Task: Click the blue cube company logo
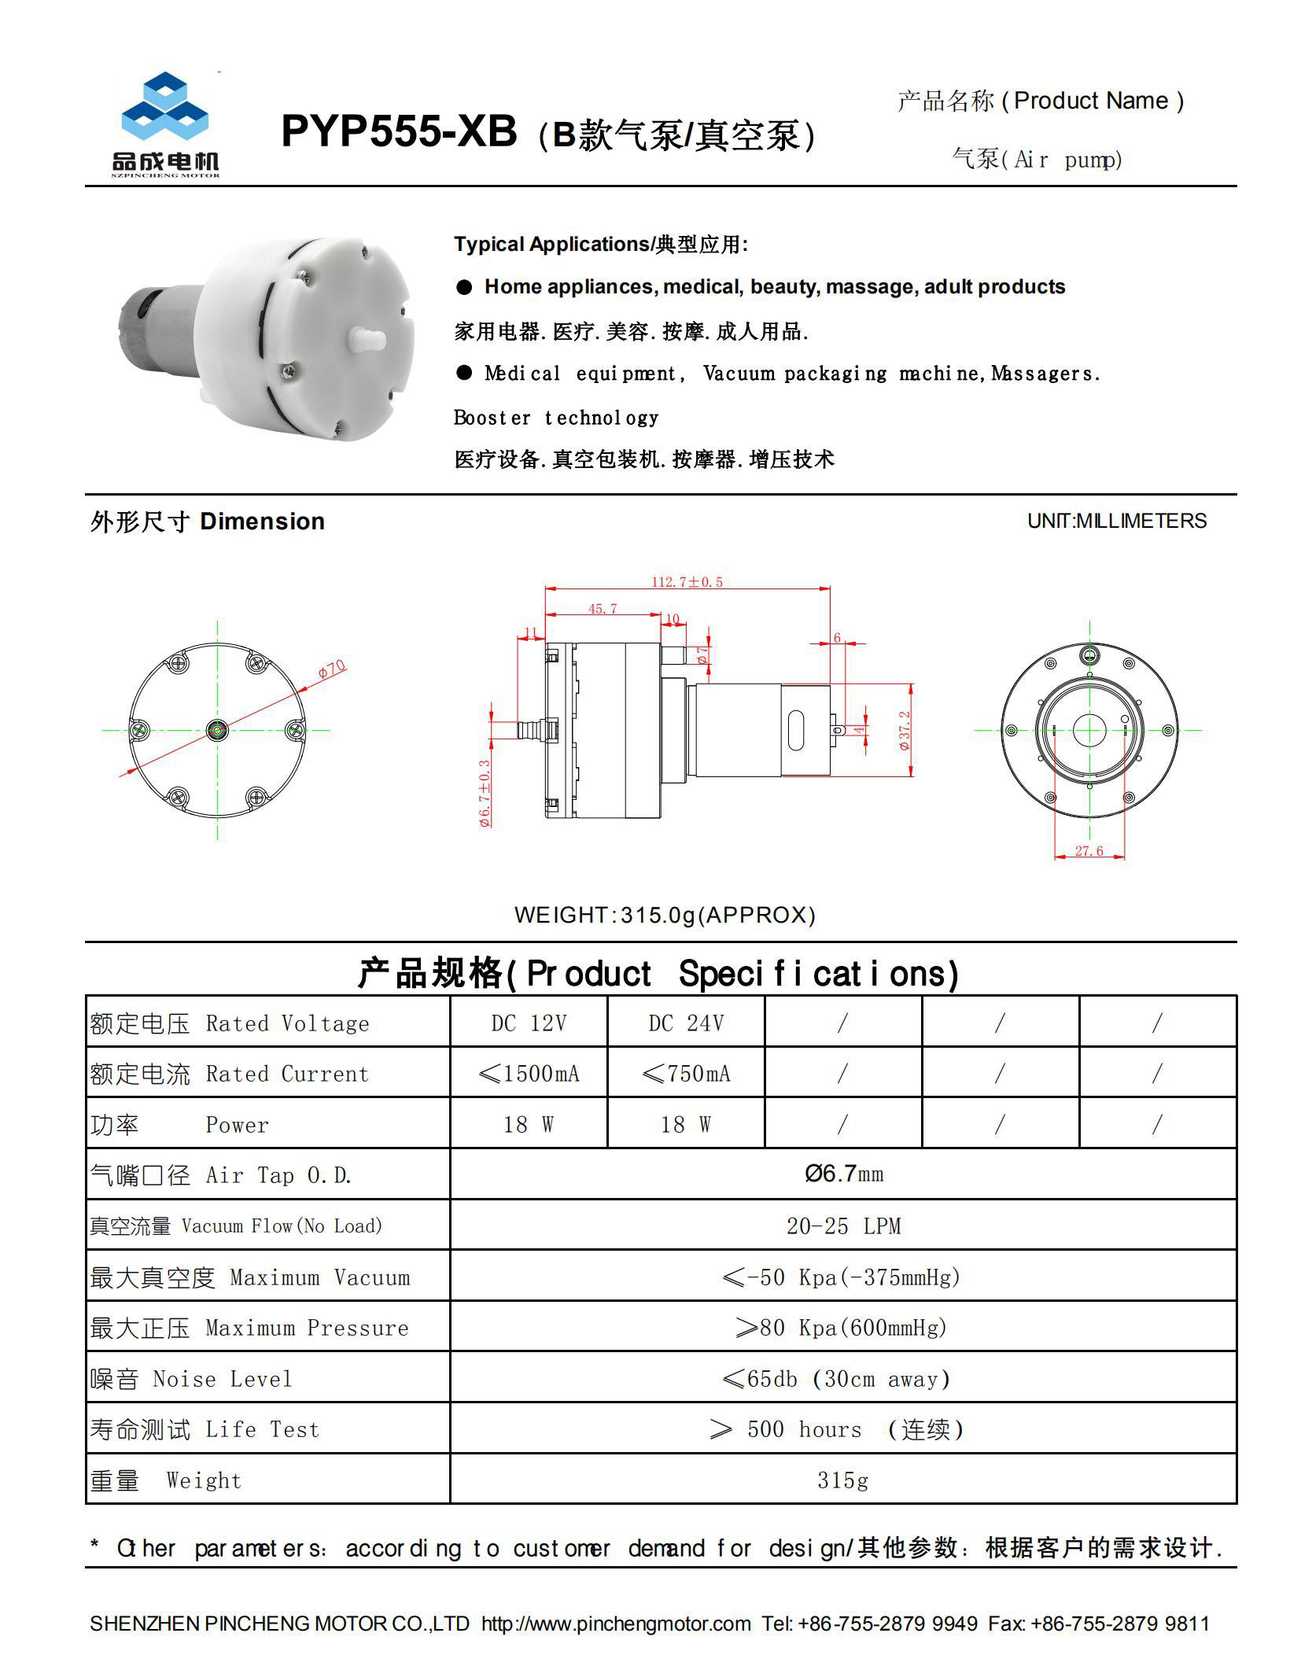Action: (x=164, y=109)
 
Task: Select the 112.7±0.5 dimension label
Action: (x=687, y=582)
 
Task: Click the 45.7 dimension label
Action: (x=603, y=609)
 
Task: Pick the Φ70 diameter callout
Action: (x=332, y=669)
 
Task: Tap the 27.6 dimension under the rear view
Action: (x=1089, y=851)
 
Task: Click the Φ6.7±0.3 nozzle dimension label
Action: (x=485, y=793)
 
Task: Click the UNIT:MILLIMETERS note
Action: (x=1116, y=521)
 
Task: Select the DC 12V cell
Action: (x=529, y=1023)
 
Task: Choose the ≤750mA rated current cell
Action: (x=686, y=1074)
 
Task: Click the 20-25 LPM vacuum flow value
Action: (x=843, y=1226)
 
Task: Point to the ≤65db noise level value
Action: (x=836, y=1379)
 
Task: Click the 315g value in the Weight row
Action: (x=842, y=1480)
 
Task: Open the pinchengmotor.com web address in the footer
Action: (x=616, y=1624)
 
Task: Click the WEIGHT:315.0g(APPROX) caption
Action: (x=665, y=915)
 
